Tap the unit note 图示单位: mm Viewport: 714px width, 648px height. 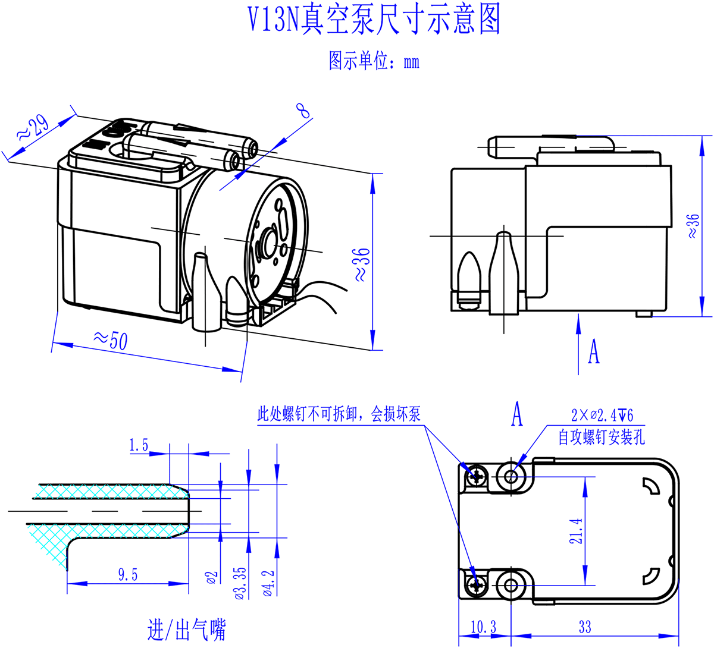point(374,61)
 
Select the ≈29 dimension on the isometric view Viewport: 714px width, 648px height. point(33,128)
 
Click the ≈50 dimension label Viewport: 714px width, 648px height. point(111,339)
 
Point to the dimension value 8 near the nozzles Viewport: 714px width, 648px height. point(303,111)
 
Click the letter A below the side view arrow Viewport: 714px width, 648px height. point(593,351)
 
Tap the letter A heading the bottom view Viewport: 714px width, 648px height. point(518,414)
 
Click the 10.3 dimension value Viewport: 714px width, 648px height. point(483,627)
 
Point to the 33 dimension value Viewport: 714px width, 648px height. point(585,627)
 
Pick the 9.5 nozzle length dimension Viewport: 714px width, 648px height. point(128,574)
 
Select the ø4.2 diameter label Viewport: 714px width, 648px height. point(268,583)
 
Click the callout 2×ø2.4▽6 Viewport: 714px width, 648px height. point(602,415)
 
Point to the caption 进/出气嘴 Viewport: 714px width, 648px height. point(187,630)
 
